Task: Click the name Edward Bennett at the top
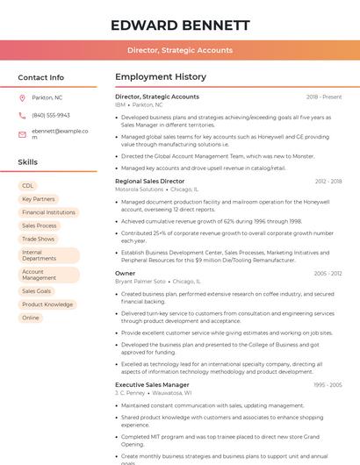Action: (x=179, y=25)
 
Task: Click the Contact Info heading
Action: (x=40, y=77)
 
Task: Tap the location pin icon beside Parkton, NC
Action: (x=23, y=98)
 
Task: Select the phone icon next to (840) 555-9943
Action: (x=23, y=115)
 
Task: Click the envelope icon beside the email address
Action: (x=23, y=133)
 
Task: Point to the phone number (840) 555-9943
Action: (x=51, y=115)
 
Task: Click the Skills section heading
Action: (x=28, y=162)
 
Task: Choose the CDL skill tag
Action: (x=28, y=186)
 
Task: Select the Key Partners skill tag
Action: (x=38, y=199)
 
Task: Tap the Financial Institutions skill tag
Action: (x=48, y=212)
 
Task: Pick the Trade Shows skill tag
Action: (x=38, y=239)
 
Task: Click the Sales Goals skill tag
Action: (x=36, y=290)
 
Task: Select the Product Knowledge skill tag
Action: (x=47, y=304)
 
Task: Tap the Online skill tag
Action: (x=31, y=318)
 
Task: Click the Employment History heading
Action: (x=161, y=77)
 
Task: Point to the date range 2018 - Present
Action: (x=324, y=97)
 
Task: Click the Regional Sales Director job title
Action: (x=150, y=181)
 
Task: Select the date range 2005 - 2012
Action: (x=328, y=273)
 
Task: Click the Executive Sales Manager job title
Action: (x=152, y=384)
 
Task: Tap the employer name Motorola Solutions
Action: (x=139, y=189)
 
